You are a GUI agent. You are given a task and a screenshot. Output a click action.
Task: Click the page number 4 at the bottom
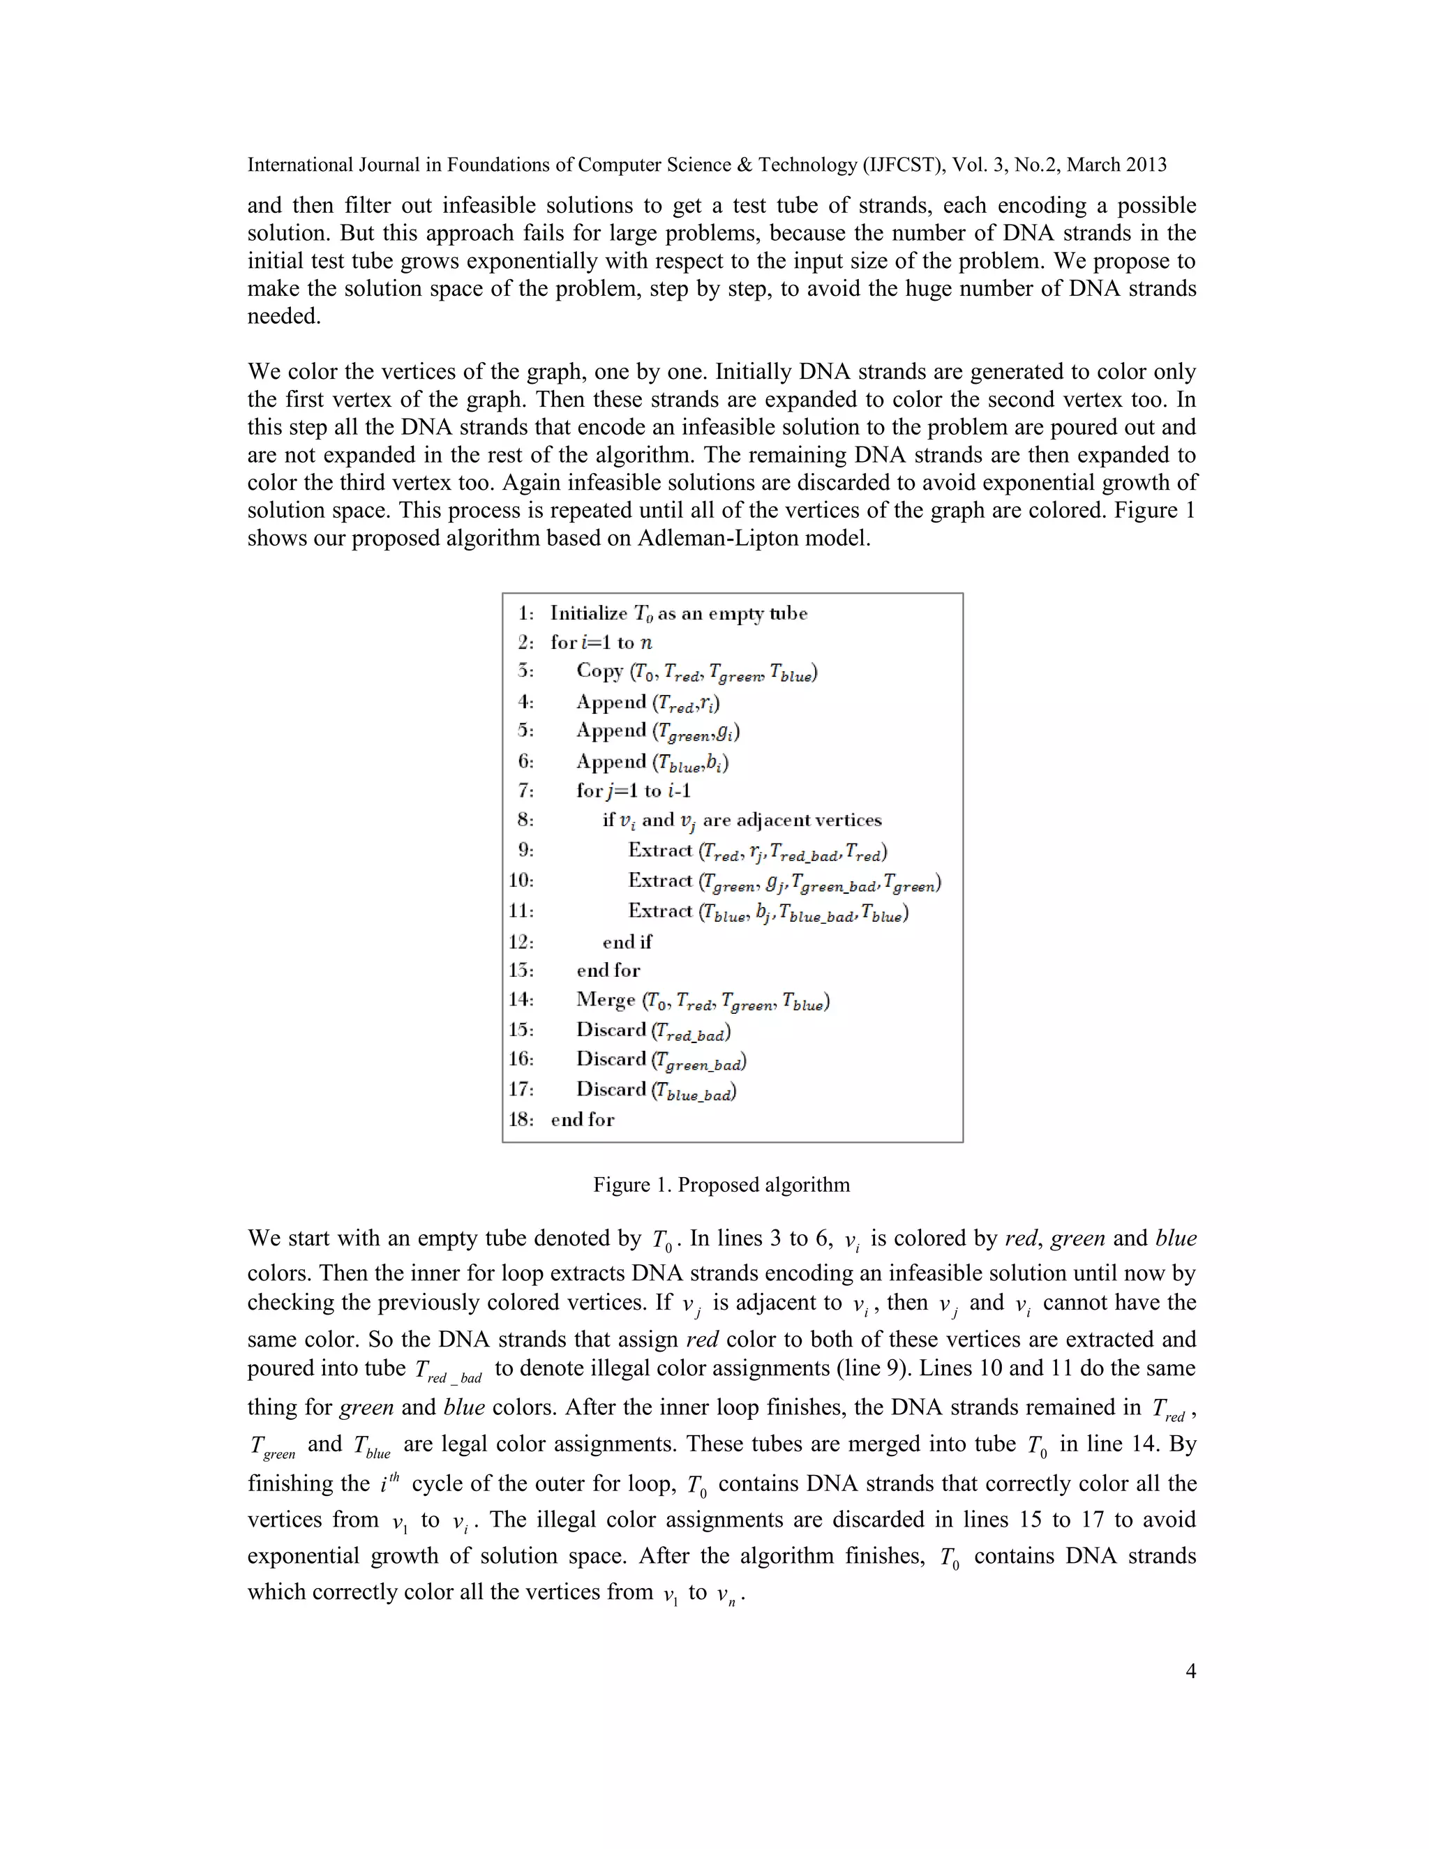pyautogui.click(x=1190, y=1670)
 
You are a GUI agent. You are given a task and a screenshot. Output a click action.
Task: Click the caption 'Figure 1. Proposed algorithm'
pyautogui.click(x=721, y=1185)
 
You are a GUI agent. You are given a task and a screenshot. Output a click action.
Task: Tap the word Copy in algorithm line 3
pyautogui.click(x=599, y=671)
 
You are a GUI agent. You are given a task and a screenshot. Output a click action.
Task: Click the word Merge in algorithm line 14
pyautogui.click(x=605, y=999)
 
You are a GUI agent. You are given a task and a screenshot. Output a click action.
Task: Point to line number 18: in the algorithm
pyautogui.click(x=521, y=1119)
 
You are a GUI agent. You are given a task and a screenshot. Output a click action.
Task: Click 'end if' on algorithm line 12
pyautogui.click(x=627, y=941)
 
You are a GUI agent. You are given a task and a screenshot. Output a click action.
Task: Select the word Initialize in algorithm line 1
pyautogui.click(x=588, y=613)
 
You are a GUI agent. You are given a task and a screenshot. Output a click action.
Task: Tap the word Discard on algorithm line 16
pyautogui.click(x=611, y=1059)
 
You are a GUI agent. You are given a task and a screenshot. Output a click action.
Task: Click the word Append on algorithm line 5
pyautogui.click(x=611, y=730)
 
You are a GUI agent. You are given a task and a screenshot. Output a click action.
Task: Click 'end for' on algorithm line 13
pyautogui.click(x=608, y=971)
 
